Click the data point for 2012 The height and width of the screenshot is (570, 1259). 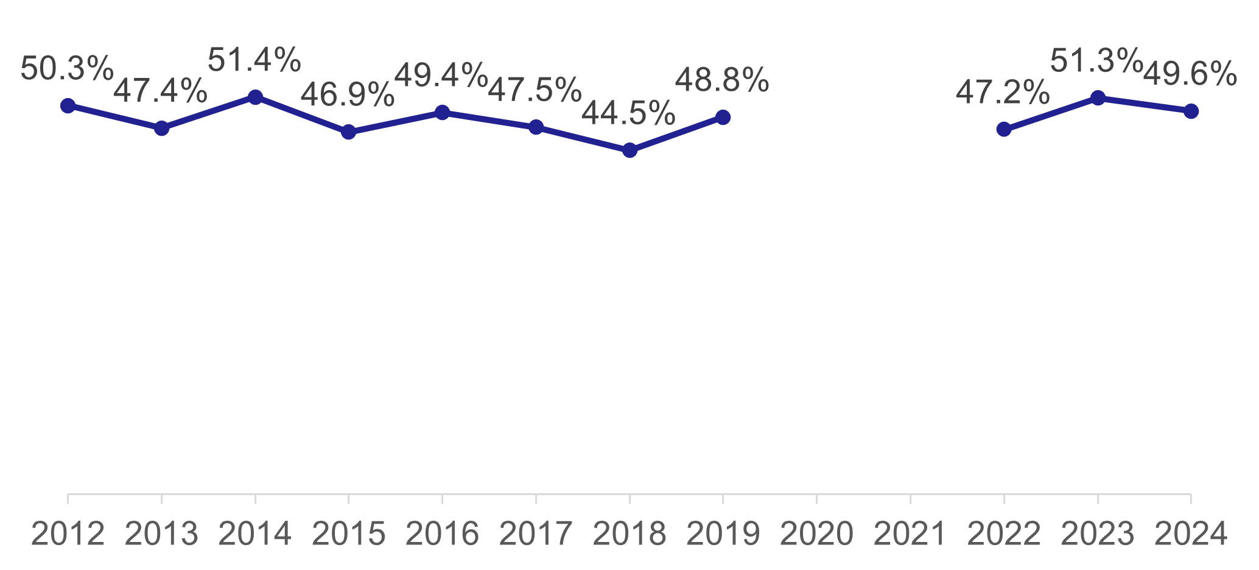68,105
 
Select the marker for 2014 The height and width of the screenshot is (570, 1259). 255,97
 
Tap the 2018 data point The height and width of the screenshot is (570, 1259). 629,150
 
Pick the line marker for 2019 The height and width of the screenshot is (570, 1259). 723,117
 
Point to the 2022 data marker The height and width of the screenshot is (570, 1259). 1004,129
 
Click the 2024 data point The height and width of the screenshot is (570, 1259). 1191,111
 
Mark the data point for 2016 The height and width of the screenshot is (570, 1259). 442,112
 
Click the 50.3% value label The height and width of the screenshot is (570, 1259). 67,68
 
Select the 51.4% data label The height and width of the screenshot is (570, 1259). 254,60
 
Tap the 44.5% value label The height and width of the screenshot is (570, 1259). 628,113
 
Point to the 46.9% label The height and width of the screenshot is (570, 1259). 348,95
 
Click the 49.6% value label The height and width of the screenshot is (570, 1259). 1190,74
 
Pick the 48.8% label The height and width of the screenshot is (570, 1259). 722,80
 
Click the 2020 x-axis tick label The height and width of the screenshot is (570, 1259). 816,535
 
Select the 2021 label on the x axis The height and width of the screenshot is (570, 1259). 910,535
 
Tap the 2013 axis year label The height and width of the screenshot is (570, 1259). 161,535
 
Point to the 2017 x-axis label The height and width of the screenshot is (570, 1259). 536,535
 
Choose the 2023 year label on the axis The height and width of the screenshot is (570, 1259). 1098,535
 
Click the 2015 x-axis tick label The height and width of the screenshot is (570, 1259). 348,535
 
